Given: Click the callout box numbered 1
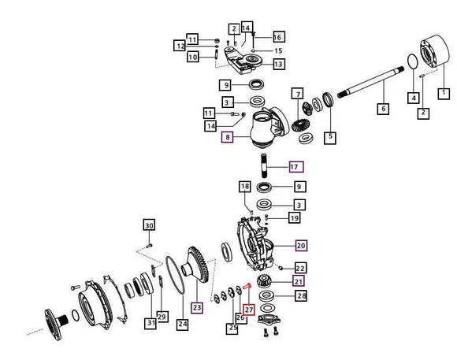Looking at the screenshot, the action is click(444, 93).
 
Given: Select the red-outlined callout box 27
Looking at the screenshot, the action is click(249, 310).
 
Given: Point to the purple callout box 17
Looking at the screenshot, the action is click(296, 167).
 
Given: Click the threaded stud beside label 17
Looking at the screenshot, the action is click(263, 165).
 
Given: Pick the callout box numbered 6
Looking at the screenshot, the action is click(383, 109).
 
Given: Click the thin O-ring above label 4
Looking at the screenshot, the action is click(412, 61).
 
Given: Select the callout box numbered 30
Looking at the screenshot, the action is click(149, 225).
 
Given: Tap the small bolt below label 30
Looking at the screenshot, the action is click(149, 246).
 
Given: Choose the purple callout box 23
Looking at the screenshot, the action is click(197, 307).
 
